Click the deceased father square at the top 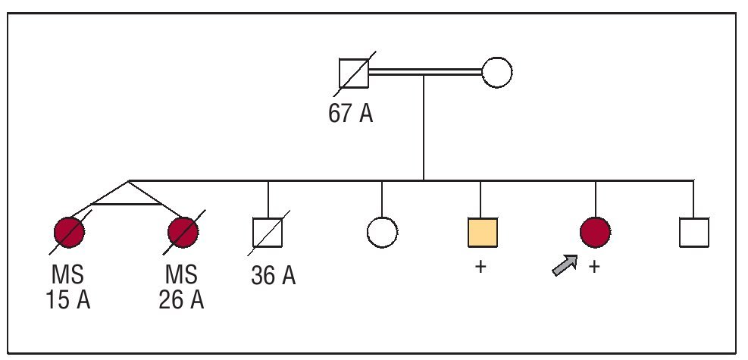(x=354, y=74)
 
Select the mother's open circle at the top (x=497, y=73)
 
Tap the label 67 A (x=350, y=114)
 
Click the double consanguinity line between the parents (x=425, y=73)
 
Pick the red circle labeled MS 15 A (x=69, y=232)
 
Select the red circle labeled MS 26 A (x=182, y=232)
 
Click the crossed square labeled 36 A (x=268, y=233)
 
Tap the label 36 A (x=273, y=275)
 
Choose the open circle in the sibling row (x=382, y=233)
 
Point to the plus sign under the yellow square (x=480, y=267)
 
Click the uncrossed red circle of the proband (x=595, y=232)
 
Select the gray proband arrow (x=564, y=266)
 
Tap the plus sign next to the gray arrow (x=594, y=267)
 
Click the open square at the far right (x=693, y=233)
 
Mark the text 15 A (x=68, y=299)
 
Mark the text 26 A (x=182, y=299)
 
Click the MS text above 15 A (x=68, y=274)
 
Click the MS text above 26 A (x=181, y=274)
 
